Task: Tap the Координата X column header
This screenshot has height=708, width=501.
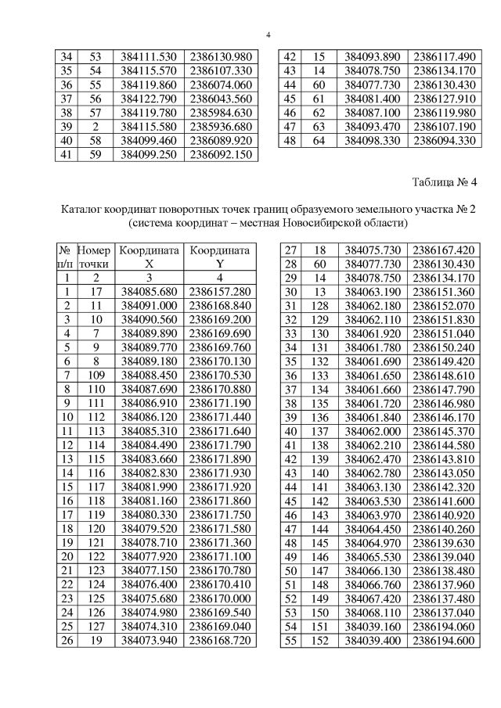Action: pos(149,257)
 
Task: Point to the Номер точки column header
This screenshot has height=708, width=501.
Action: pos(94,257)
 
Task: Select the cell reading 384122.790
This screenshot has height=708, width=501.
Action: pos(149,99)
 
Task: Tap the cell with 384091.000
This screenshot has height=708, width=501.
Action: pos(149,305)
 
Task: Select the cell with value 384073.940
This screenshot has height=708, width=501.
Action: pos(149,641)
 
